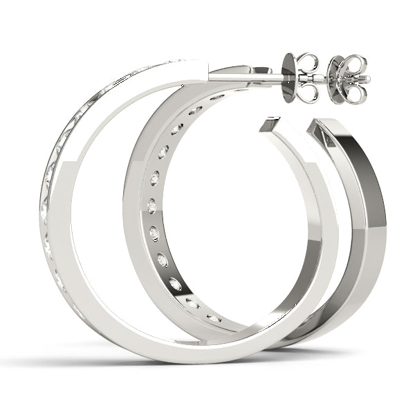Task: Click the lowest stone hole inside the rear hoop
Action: pos(214,318)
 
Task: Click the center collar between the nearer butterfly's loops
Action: pos(308,77)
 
